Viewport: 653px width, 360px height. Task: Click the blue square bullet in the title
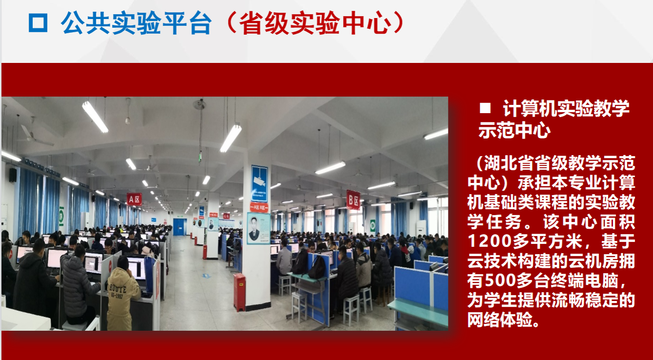click(x=38, y=22)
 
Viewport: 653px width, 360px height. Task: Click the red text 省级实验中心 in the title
click(x=315, y=23)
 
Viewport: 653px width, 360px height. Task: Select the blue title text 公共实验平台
click(x=136, y=23)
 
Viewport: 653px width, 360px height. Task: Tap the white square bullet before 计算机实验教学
click(x=485, y=108)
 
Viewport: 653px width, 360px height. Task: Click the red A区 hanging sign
click(x=134, y=200)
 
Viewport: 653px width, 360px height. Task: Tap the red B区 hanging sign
click(x=353, y=200)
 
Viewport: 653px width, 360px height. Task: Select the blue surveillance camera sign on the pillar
click(x=259, y=184)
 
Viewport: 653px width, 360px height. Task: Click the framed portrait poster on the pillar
click(x=258, y=228)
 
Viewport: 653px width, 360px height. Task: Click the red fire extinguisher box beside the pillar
click(x=239, y=292)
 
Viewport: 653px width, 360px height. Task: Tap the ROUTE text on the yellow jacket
click(x=118, y=288)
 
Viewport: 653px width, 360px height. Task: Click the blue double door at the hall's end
click(x=180, y=227)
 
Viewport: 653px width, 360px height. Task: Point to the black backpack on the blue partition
click(x=317, y=267)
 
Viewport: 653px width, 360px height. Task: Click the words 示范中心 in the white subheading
click(x=514, y=130)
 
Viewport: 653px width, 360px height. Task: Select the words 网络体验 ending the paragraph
click(x=500, y=320)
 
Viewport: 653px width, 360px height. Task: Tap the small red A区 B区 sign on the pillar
click(x=259, y=207)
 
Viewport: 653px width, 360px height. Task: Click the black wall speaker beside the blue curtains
click(x=13, y=175)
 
